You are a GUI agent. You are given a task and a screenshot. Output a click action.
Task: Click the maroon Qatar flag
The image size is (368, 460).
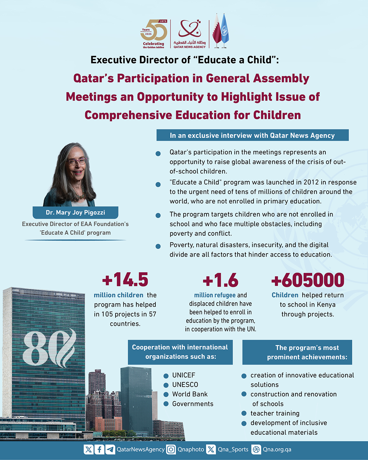click(x=217, y=31)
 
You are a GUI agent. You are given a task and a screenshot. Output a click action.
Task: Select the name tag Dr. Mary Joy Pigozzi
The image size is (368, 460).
click(x=75, y=213)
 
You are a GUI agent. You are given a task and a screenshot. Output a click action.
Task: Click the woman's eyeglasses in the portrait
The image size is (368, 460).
click(x=77, y=161)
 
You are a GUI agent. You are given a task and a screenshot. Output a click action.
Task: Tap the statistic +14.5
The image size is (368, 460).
click(x=125, y=280)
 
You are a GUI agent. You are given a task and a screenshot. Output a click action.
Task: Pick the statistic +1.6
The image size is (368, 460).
click(x=220, y=280)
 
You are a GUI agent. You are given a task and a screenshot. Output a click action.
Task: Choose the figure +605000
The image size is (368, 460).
click(x=308, y=280)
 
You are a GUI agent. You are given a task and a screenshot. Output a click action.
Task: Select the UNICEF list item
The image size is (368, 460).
click(x=184, y=375)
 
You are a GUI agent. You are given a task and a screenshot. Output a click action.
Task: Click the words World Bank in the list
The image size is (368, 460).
click(x=190, y=394)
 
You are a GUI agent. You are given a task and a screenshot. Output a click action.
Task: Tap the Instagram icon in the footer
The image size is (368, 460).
click(x=171, y=449)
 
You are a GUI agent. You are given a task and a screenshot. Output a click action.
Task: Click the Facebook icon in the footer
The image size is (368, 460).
click(x=99, y=449)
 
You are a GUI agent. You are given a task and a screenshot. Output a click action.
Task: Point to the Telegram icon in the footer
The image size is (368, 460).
click(x=110, y=449)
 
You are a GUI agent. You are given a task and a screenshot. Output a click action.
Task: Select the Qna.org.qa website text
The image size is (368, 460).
click(x=277, y=449)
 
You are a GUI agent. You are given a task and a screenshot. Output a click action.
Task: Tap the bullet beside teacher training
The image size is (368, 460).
click(x=244, y=413)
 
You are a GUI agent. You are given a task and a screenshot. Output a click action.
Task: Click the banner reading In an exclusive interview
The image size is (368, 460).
click(x=252, y=135)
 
